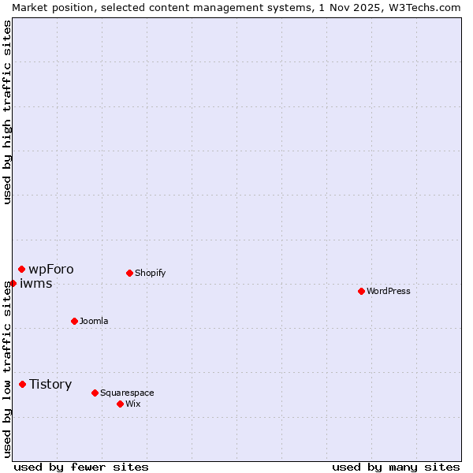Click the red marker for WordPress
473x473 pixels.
(361, 291)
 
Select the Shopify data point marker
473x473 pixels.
(129, 273)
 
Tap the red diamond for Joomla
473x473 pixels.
(74, 321)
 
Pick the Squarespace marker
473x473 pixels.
(95, 393)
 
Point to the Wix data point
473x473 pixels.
(120, 404)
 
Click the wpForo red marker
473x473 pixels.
(21, 270)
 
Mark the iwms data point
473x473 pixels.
(13, 283)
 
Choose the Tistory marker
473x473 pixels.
(22, 384)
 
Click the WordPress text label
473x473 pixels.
(389, 291)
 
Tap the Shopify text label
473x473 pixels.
(150, 273)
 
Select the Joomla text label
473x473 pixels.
(94, 321)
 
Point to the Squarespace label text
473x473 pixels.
(127, 393)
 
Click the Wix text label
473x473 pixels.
(133, 404)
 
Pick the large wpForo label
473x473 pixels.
(51, 270)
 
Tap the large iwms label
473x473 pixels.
(36, 284)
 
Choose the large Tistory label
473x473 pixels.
(50, 385)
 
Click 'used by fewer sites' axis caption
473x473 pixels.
(81, 467)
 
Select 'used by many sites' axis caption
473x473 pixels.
(396, 467)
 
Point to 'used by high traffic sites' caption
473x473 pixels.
(7, 112)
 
